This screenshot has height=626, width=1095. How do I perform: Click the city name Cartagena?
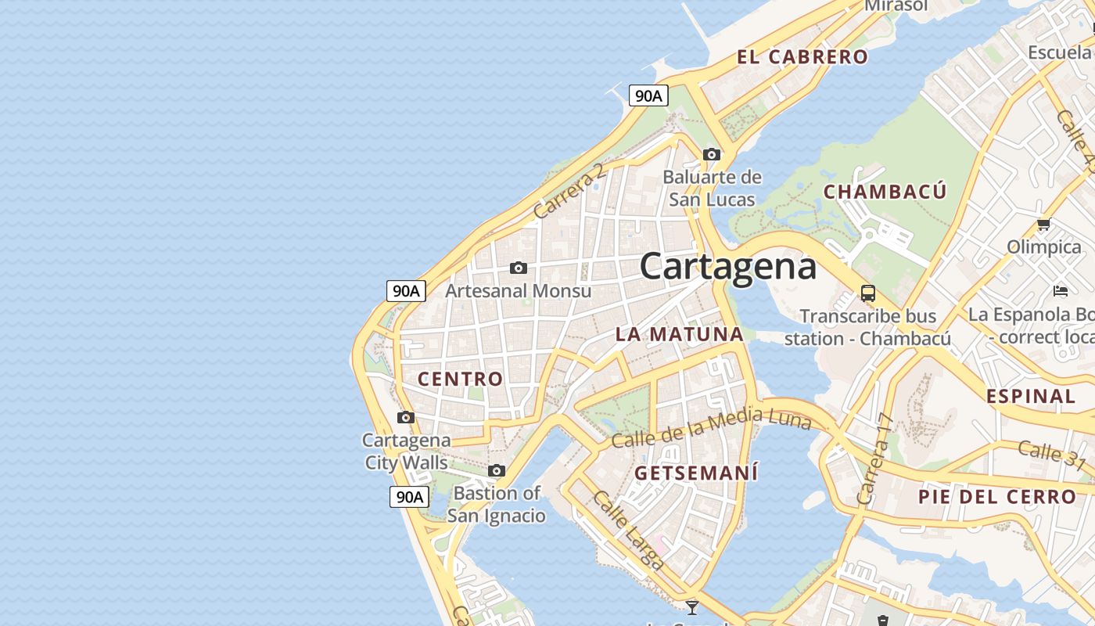728,266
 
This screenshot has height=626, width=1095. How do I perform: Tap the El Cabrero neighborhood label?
802,56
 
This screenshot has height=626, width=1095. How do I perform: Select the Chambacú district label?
885,192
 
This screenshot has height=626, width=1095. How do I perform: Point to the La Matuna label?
679,334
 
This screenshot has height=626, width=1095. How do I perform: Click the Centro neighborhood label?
460,379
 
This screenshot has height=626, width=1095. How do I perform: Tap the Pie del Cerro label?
997,497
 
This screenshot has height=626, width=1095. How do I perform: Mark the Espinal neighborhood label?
1031,396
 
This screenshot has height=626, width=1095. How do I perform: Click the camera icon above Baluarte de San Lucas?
711,154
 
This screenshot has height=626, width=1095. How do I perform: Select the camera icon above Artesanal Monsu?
518,268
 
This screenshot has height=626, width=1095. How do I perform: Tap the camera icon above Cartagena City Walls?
405,417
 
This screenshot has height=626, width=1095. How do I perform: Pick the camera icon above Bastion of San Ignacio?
496,470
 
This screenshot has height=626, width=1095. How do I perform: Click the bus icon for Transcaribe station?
867,293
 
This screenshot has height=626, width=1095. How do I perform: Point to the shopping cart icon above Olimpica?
1043,225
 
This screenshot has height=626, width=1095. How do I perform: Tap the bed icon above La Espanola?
1060,291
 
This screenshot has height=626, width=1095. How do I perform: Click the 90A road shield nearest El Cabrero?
648,96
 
